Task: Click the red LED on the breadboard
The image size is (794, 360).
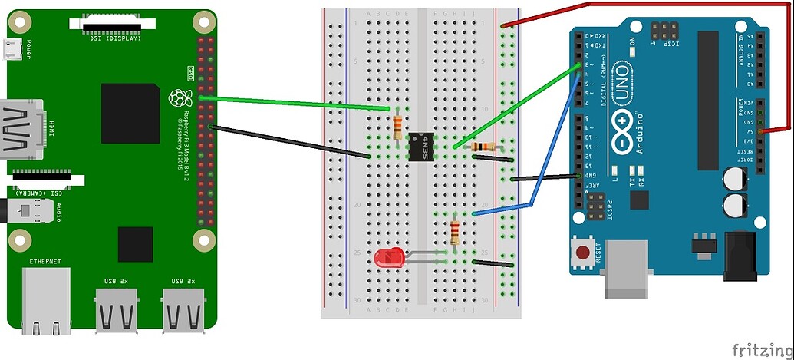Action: coord(389,259)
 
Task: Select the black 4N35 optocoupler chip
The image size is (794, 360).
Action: coord(419,146)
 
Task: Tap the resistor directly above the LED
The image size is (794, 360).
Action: coord(455,231)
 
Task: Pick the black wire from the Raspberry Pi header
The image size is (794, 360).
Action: coord(292,142)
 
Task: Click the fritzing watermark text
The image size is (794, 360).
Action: coord(760,349)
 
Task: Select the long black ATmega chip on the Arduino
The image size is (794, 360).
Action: coord(707,100)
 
